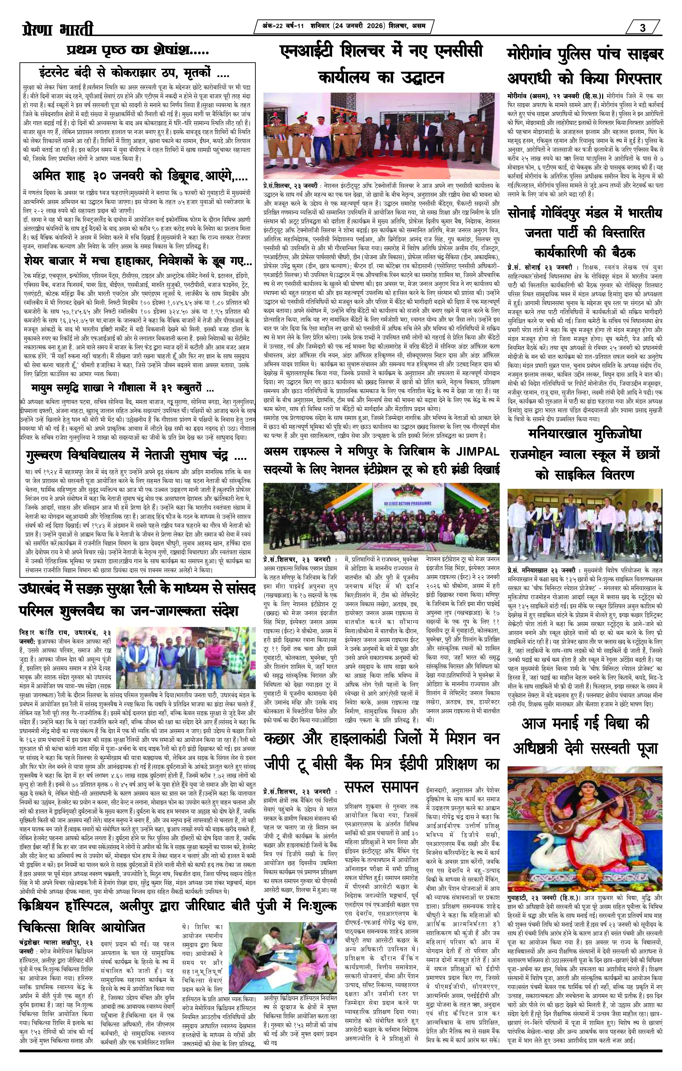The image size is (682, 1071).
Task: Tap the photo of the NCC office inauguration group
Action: coord(382,136)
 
